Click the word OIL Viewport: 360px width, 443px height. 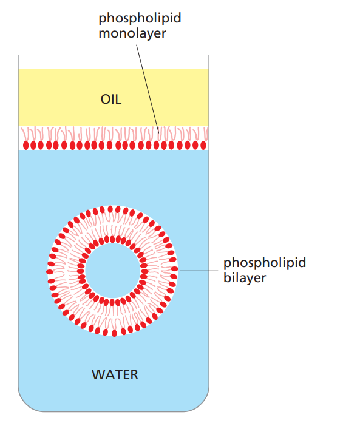tap(111, 100)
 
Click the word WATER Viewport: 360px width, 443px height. tap(115, 375)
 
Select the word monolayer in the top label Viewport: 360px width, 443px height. tap(132, 33)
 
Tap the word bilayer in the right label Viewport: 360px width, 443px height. tap(245, 278)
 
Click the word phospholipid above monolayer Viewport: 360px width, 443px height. tap(140, 18)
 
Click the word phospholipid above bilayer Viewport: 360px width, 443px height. tap(265, 263)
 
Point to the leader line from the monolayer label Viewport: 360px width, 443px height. tap(148, 89)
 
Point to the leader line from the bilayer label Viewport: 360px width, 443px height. tap(199, 271)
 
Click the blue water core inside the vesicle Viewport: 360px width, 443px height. tap(112, 271)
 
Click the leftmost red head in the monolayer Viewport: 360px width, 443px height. tap(26, 145)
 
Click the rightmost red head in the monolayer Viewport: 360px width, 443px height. tap(203, 145)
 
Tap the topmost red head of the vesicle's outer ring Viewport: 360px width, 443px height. tap(110, 209)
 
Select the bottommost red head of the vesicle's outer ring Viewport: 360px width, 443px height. tap(115, 333)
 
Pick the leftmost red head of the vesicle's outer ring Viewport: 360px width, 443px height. tap(50, 272)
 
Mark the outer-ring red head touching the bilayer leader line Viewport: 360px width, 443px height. tap(175, 269)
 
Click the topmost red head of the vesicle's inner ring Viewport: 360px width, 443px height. tap(112, 239)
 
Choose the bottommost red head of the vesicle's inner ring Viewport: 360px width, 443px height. tap(112, 303)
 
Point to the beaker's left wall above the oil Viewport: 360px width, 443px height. tap(18, 61)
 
